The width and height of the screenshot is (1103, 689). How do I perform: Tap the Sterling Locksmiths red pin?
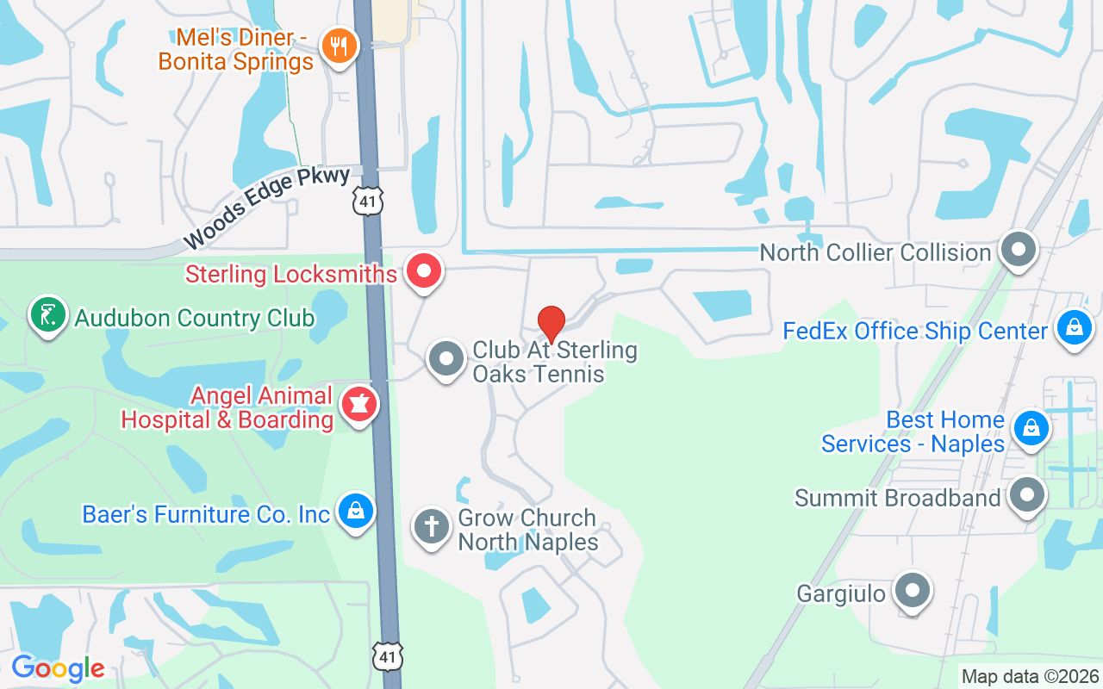(x=423, y=271)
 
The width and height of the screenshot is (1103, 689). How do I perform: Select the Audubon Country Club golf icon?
(x=48, y=315)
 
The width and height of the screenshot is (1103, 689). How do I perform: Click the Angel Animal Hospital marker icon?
(x=358, y=403)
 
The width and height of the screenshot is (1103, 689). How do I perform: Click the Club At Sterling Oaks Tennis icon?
(x=446, y=357)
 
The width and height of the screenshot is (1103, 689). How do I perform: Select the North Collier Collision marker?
(x=1019, y=250)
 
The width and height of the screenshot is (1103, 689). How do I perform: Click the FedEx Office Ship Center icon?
(x=1074, y=328)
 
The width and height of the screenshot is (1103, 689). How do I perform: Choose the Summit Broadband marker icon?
(x=1026, y=495)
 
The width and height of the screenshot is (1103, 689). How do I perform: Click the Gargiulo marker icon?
(x=912, y=591)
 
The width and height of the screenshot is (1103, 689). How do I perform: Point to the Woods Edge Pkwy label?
(x=266, y=208)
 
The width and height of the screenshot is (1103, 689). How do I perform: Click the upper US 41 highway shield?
(x=367, y=202)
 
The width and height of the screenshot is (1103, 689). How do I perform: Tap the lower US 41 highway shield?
(x=387, y=655)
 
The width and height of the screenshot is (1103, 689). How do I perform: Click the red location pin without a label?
(x=551, y=324)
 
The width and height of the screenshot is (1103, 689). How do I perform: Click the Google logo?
(x=58, y=668)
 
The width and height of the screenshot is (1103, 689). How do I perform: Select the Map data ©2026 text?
(x=1030, y=676)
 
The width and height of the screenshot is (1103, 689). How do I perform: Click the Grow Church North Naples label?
(x=527, y=530)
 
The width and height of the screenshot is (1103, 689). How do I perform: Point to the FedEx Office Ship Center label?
(x=915, y=331)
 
